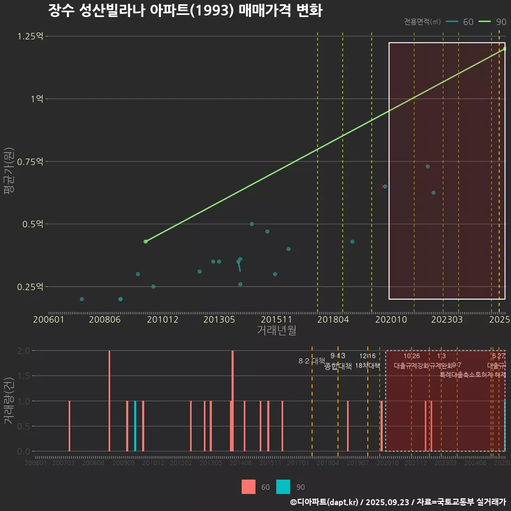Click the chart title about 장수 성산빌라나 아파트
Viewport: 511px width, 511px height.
tap(185, 11)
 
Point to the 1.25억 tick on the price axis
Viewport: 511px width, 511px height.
tap(30, 36)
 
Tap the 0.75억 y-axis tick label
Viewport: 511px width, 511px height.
tap(30, 161)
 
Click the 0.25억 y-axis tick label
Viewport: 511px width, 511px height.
tap(30, 286)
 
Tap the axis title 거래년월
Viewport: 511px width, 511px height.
tap(277, 331)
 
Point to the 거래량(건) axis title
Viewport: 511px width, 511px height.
tap(9, 401)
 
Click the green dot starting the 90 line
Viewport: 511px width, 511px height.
tap(145, 242)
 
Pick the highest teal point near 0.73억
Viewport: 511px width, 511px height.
tap(427, 167)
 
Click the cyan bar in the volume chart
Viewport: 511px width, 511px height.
tap(135, 426)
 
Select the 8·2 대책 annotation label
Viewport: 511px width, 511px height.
tap(312, 361)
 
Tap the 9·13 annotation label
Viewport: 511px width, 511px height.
tap(337, 356)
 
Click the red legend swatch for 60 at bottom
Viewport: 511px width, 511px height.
tap(249, 487)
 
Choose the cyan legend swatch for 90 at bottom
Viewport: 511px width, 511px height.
tap(284, 487)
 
